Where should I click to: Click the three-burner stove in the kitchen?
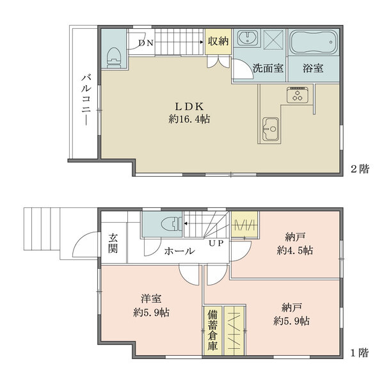coord(298,96)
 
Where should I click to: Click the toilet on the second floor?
coord(114,56)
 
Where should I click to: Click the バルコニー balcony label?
coord(84,99)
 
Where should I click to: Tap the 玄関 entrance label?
coord(113,243)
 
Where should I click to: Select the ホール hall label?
coord(179,252)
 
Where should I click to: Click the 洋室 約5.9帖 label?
coord(152,306)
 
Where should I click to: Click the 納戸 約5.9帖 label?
coord(292,313)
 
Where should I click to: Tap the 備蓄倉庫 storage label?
coord(212,331)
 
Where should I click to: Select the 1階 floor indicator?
coord(360,353)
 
